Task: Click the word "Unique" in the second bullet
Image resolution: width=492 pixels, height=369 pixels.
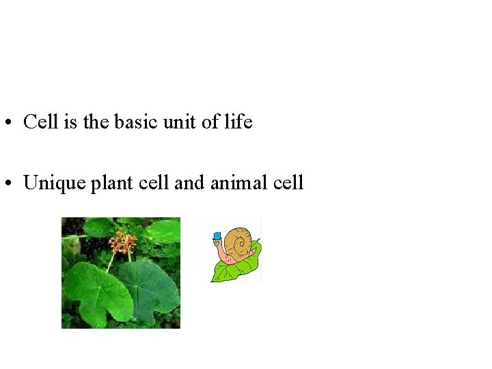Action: (x=53, y=183)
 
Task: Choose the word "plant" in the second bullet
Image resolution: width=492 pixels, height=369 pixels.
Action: (x=109, y=183)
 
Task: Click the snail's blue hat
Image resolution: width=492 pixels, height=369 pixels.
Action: (x=217, y=236)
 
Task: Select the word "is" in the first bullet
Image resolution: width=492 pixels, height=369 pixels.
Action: (x=70, y=122)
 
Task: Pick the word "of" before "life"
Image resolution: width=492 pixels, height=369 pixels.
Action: (x=213, y=122)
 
